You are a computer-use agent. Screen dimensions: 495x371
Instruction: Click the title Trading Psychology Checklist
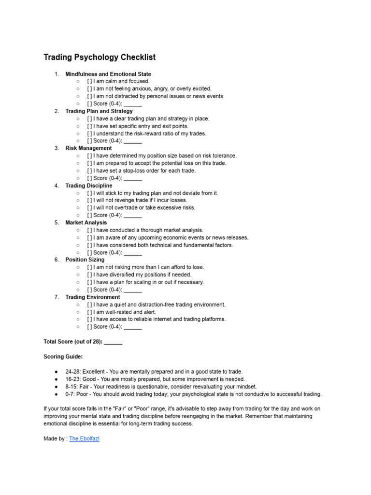(x=100, y=57)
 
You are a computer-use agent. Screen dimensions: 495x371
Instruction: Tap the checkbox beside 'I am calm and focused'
(x=90, y=81)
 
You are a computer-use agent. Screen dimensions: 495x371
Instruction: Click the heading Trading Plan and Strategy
(x=99, y=111)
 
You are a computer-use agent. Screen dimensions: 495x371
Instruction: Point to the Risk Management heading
(x=88, y=148)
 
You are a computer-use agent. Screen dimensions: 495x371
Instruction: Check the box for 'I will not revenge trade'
(x=90, y=200)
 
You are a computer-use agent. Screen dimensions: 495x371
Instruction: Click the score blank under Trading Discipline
(x=133, y=216)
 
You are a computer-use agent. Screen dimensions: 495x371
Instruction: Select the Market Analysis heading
(x=86, y=223)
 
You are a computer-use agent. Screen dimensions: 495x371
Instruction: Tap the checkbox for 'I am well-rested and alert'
(x=90, y=312)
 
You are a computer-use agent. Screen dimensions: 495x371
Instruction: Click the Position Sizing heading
(x=85, y=260)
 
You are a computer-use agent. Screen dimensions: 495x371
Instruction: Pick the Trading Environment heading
(x=93, y=297)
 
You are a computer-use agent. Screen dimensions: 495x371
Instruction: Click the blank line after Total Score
(x=113, y=342)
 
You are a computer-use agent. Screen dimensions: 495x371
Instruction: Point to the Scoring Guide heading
(x=63, y=357)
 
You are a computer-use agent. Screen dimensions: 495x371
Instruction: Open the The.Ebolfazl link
(x=84, y=439)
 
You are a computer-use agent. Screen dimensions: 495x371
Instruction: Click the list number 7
(x=57, y=297)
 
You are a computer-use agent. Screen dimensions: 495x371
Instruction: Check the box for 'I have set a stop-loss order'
(x=90, y=171)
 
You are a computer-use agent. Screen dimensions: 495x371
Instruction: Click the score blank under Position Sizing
(x=133, y=290)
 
